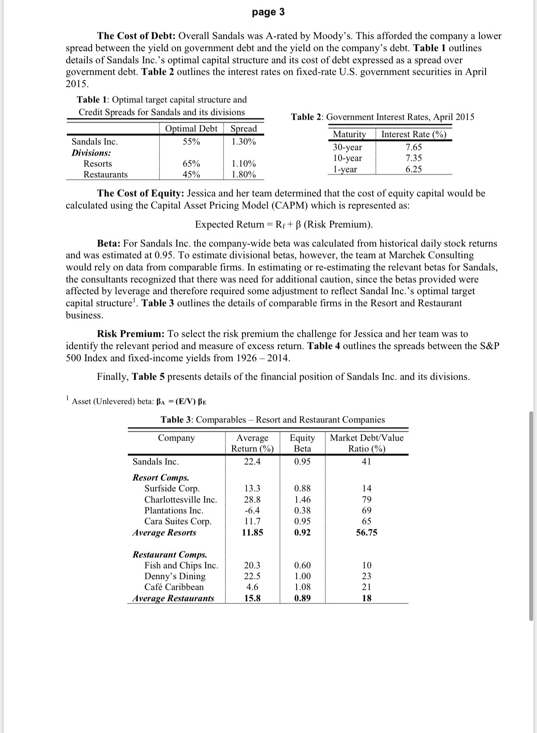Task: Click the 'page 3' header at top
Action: coord(268,12)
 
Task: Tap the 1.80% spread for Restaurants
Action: coord(243,175)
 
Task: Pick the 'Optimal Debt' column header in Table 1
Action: coord(191,129)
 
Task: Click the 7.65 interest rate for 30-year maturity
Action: coord(413,147)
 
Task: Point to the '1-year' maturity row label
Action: coord(345,170)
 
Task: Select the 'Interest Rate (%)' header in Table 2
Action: coord(413,134)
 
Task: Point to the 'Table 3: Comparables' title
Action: coord(272,419)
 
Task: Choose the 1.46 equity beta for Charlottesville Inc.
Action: coord(302,499)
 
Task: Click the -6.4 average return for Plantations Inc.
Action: coord(252,511)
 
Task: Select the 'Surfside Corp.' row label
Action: coord(172,489)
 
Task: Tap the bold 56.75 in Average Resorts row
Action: coord(366,533)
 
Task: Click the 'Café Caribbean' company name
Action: coord(174,587)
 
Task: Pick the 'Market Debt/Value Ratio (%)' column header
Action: coord(367,443)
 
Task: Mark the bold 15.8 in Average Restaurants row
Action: coord(252,599)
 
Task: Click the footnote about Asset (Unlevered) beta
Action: coord(139,401)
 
